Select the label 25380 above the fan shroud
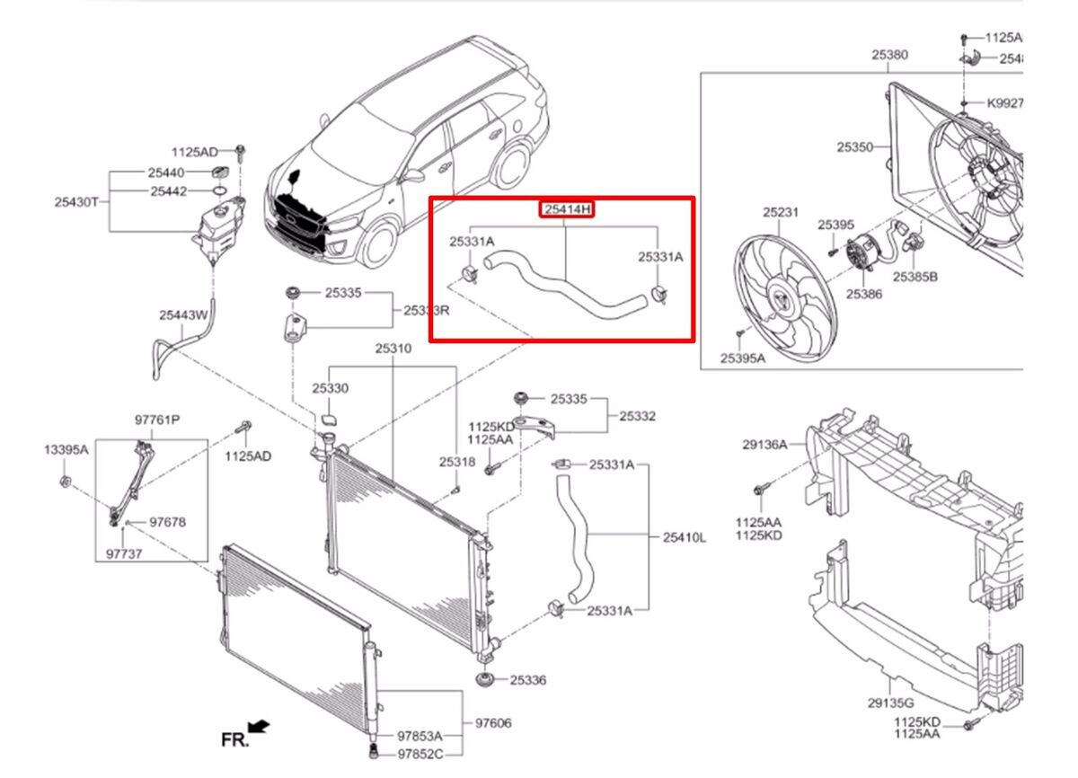tap(888, 55)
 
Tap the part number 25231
tap(781, 213)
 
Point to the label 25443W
tap(183, 314)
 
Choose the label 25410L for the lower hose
tap(685, 537)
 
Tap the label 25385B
tap(915, 277)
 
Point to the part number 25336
tap(527, 680)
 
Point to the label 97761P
tap(157, 420)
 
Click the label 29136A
tap(764, 444)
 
